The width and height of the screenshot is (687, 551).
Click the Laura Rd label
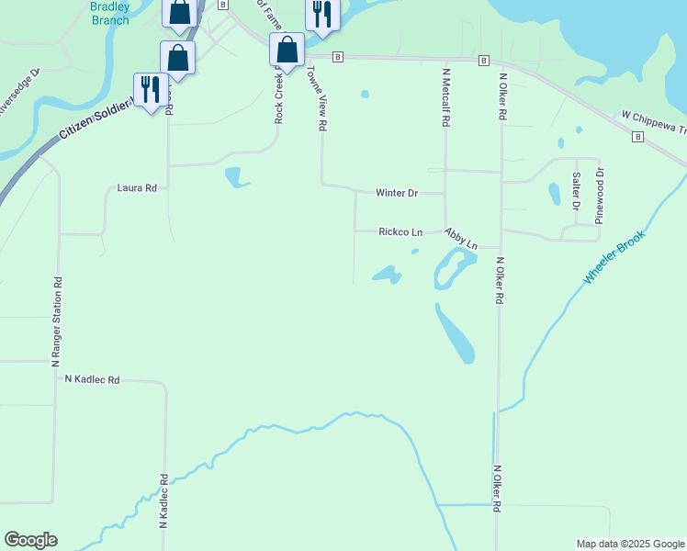[x=137, y=188]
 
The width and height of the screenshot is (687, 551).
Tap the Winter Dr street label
[x=397, y=194]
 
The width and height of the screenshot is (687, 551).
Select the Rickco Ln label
[x=400, y=232]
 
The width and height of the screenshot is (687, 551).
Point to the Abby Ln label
[x=461, y=240]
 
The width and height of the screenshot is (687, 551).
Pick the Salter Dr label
[x=576, y=191]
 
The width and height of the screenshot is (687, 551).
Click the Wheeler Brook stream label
[x=614, y=256]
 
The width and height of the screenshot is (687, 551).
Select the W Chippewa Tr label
[x=653, y=122]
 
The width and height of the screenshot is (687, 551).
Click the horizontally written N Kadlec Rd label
[x=92, y=379]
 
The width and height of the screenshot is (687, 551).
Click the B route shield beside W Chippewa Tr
[x=636, y=137]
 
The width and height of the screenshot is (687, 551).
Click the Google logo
[x=30, y=540]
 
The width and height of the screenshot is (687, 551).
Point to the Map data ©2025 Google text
[x=630, y=544]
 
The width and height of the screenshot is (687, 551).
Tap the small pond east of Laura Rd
[x=236, y=176]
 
